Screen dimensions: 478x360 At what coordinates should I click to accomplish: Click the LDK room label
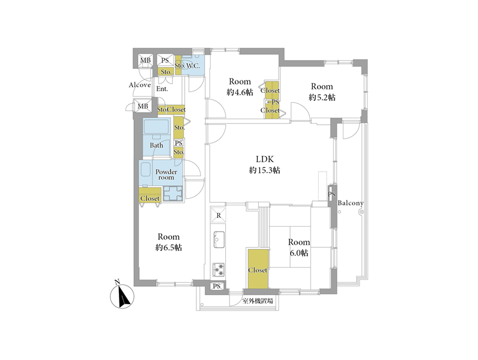(x=265, y=159)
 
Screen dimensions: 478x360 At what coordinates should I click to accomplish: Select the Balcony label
(x=351, y=203)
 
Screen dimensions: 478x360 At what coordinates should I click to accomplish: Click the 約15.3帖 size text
(x=265, y=170)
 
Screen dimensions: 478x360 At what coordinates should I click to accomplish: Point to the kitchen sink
(x=219, y=239)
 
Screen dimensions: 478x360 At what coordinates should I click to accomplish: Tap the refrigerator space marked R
(x=219, y=215)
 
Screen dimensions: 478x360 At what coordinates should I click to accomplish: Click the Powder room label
(x=166, y=175)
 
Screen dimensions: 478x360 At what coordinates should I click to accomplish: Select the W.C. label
(x=193, y=65)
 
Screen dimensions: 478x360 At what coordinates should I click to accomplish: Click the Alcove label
(x=140, y=85)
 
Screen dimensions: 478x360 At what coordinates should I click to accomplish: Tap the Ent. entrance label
(x=162, y=89)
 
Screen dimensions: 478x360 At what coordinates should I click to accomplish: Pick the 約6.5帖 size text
(x=169, y=248)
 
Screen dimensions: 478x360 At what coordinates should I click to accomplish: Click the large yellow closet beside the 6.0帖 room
(x=258, y=269)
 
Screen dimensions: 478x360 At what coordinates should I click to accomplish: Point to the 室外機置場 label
(x=258, y=301)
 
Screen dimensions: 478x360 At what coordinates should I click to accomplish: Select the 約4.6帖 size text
(x=240, y=92)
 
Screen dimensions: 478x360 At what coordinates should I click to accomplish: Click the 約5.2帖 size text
(x=322, y=97)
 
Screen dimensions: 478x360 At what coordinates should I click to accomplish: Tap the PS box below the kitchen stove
(x=216, y=286)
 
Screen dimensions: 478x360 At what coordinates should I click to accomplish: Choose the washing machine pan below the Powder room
(x=173, y=194)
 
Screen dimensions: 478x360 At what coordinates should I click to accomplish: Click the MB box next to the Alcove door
(x=143, y=106)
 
